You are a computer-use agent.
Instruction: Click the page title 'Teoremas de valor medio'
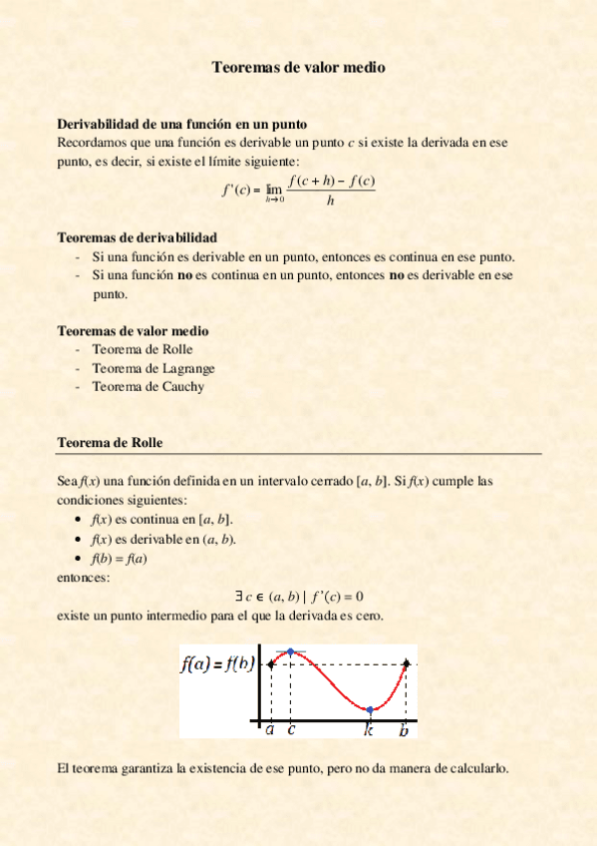(x=298, y=68)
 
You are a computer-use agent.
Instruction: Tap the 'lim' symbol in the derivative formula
(x=274, y=188)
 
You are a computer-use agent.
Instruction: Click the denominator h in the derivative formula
(x=330, y=201)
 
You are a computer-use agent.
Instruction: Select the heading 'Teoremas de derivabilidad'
(x=137, y=238)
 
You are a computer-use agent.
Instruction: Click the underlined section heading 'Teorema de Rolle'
(x=110, y=442)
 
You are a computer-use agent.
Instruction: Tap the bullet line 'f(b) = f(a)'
(x=119, y=558)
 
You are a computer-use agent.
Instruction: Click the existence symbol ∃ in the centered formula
(x=239, y=597)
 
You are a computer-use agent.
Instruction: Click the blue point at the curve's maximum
(x=290, y=651)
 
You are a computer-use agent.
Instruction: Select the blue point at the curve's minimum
(x=369, y=709)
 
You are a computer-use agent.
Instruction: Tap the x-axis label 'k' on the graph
(x=368, y=730)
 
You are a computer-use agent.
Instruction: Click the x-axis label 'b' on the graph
(x=404, y=730)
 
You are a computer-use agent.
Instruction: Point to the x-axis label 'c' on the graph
(x=291, y=730)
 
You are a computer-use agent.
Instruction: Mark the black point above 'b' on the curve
(x=406, y=663)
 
